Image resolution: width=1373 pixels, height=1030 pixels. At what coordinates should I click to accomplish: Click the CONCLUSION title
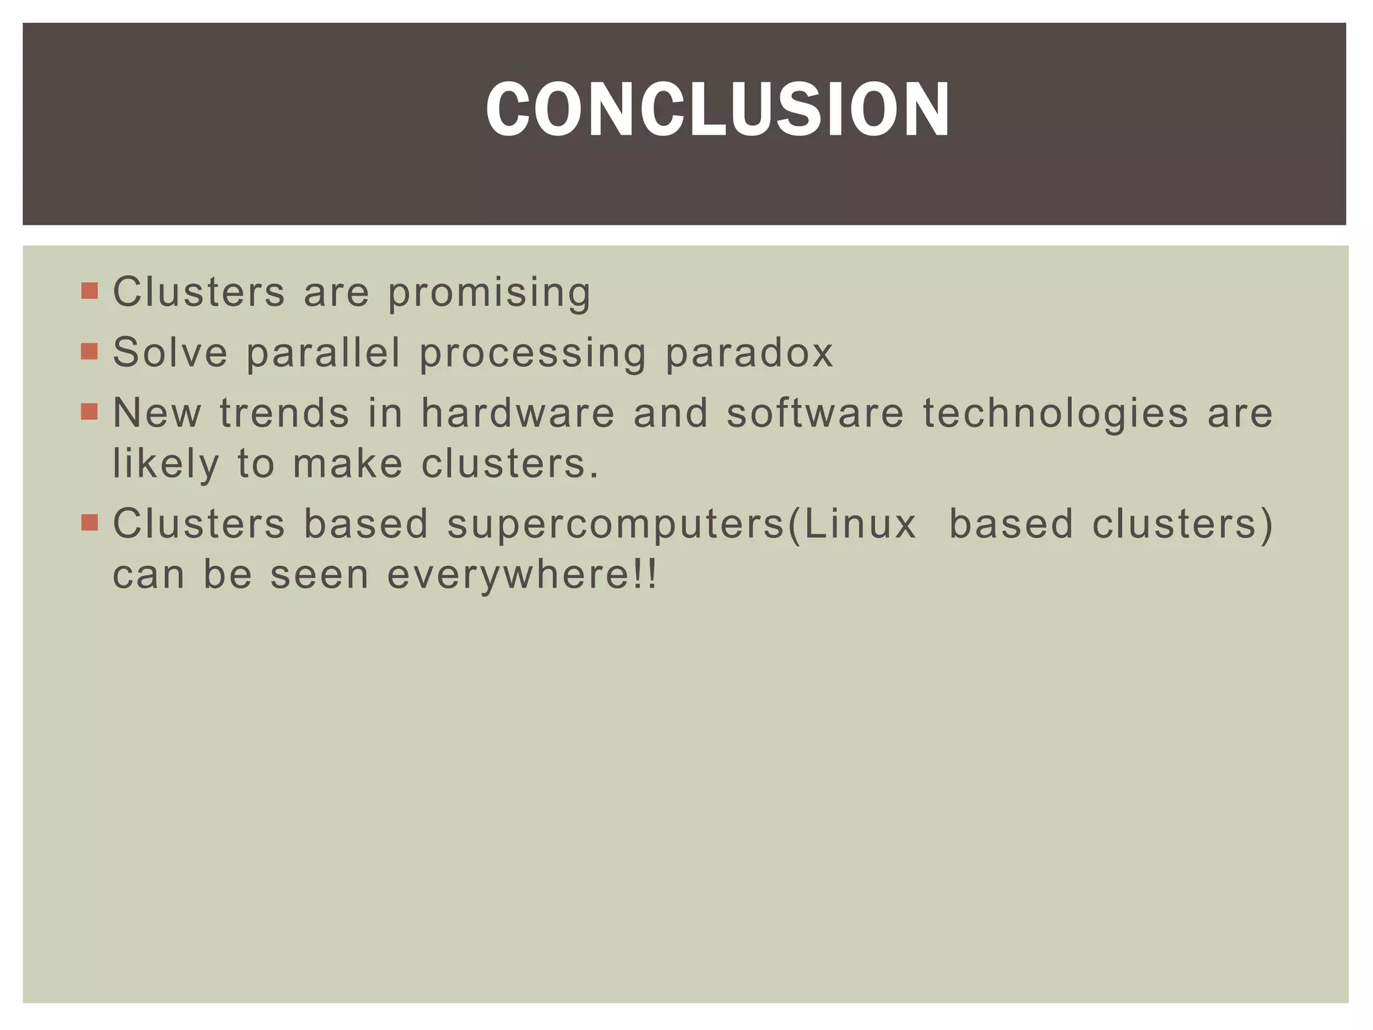point(717,110)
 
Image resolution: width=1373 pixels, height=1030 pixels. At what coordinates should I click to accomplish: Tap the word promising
point(489,293)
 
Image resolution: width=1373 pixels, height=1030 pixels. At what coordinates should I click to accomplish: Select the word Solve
point(170,352)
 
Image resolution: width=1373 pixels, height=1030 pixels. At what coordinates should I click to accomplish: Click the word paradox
point(749,352)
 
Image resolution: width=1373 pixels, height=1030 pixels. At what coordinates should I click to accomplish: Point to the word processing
point(533,353)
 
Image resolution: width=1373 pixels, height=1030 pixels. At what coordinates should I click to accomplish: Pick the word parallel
point(324,352)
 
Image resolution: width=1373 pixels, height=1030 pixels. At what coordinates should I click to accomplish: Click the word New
point(157,412)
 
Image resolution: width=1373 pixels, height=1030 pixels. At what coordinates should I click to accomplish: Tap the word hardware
point(518,412)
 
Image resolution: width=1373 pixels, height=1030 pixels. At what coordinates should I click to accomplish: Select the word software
point(815,412)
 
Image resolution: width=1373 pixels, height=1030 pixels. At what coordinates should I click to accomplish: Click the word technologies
point(1056,414)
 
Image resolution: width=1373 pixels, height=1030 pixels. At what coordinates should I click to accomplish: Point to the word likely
point(166,464)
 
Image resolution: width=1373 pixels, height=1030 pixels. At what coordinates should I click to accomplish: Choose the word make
point(348,463)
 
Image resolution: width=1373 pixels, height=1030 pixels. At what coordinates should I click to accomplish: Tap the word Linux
point(860,524)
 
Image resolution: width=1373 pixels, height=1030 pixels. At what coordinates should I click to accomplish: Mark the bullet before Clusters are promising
point(89,291)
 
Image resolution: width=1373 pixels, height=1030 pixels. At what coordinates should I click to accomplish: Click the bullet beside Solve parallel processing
point(89,351)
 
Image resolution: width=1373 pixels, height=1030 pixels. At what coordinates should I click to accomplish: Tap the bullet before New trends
point(89,412)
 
